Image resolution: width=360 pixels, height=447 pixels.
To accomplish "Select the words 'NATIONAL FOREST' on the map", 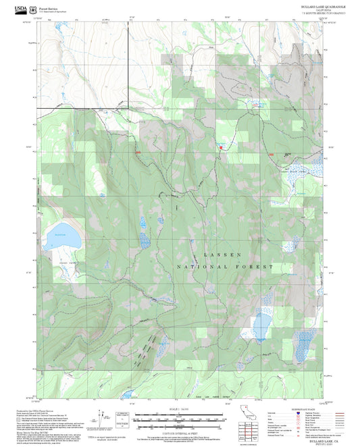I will click(x=224, y=267).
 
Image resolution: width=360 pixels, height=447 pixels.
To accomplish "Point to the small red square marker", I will click(x=220, y=147).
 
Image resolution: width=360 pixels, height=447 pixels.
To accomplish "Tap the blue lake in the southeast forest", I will click(x=260, y=325).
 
